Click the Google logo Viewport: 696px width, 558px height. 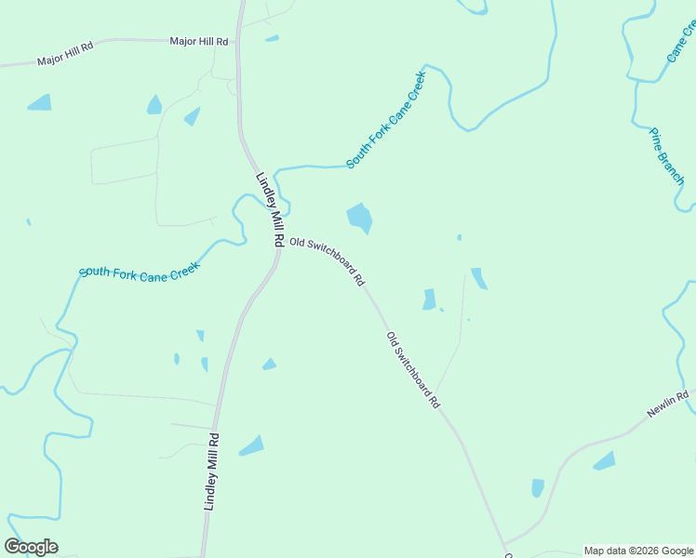point(32,547)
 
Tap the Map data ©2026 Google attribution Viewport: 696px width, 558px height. point(639,551)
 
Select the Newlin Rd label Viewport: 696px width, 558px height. point(670,408)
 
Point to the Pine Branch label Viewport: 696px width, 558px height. point(667,155)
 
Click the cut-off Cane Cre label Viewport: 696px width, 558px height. point(680,43)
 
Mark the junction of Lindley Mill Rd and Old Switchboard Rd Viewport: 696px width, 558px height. point(280,246)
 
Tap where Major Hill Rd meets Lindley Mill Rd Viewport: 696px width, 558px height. point(238,40)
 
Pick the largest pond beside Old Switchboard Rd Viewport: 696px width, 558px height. point(359,219)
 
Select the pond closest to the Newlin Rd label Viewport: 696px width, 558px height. point(605,460)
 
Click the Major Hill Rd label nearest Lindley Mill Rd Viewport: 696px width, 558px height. point(198,42)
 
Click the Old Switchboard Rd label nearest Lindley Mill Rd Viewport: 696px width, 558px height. point(327,260)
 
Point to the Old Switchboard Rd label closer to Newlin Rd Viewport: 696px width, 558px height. point(413,370)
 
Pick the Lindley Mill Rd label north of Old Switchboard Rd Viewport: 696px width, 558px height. point(270,208)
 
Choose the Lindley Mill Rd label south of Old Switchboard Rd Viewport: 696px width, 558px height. point(211,471)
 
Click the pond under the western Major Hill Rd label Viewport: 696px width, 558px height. point(40,102)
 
